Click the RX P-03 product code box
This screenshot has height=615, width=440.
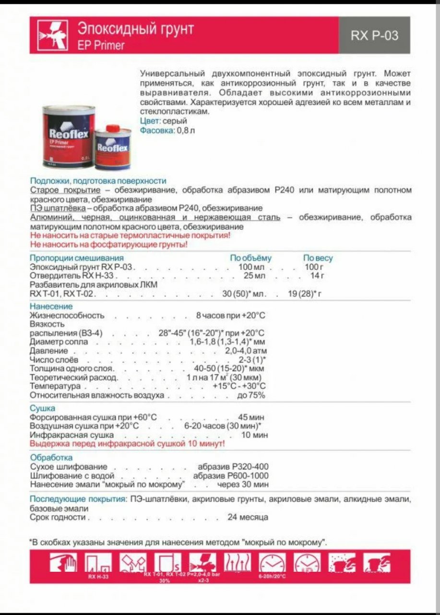click(x=374, y=35)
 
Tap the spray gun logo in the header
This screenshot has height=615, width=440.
click(x=52, y=35)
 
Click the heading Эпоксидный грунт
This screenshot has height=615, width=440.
click(x=136, y=29)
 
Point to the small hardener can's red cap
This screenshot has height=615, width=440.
click(x=112, y=128)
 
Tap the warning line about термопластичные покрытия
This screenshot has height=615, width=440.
click(x=130, y=235)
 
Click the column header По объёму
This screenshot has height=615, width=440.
click(x=250, y=258)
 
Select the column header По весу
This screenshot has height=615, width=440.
click(x=318, y=258)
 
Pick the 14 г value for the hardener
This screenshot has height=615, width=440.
click(x=318, y=276)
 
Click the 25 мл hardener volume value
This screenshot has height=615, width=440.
click(x=254, y=276)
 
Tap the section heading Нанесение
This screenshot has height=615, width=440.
click(x=51, y=307)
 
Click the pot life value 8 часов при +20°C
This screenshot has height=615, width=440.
click(x=230, y=316)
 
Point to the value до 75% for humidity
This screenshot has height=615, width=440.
click(x=251, y=395)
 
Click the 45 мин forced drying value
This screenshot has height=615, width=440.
click(x=251, y=418)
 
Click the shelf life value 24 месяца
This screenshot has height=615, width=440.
click(x=248, y=517)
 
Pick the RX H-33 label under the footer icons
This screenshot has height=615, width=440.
click(x=98, y=576)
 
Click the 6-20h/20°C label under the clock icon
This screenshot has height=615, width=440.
click(x=272, y=576)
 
